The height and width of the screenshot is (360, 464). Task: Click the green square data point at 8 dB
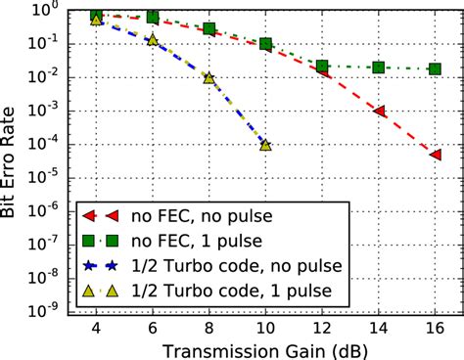pos(209,29)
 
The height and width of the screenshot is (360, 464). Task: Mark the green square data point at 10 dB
pos(265,44)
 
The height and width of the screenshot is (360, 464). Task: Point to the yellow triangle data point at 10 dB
pos(265,145)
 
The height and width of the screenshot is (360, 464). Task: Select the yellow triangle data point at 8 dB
pos(209,78)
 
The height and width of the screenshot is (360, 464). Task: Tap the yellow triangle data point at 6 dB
pos(153,40)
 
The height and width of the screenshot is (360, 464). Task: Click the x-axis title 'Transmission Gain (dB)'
pos(265,346)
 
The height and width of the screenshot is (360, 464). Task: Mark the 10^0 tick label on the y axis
pos(62,12)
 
